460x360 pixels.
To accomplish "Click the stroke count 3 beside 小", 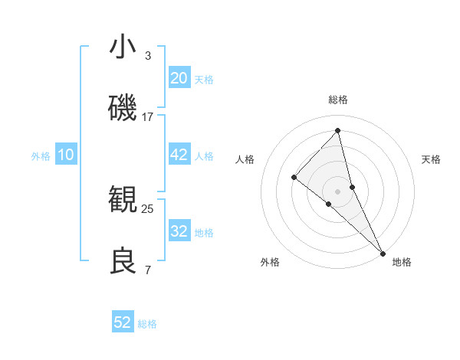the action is point(148,56).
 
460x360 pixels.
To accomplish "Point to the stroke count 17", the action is point(148,117).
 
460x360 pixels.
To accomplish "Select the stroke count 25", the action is point(148,208).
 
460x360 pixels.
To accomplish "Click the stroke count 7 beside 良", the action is point(148,270).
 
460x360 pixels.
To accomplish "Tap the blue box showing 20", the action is point(179,78).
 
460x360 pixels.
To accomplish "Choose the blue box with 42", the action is point(179,155).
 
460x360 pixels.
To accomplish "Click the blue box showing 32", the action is point(179,231).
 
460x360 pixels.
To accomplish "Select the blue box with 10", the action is point(66,155).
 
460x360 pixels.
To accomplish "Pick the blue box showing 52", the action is point(123,322).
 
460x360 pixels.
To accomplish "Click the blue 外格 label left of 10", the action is point(41,155).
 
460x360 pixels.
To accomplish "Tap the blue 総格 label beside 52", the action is point(147,324).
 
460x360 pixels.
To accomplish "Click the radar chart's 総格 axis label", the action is point(338,100).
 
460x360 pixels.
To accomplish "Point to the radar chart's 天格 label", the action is point(431,159).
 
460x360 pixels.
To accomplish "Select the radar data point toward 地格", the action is point(383,253).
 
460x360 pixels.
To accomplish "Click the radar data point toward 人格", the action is point(294,178).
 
